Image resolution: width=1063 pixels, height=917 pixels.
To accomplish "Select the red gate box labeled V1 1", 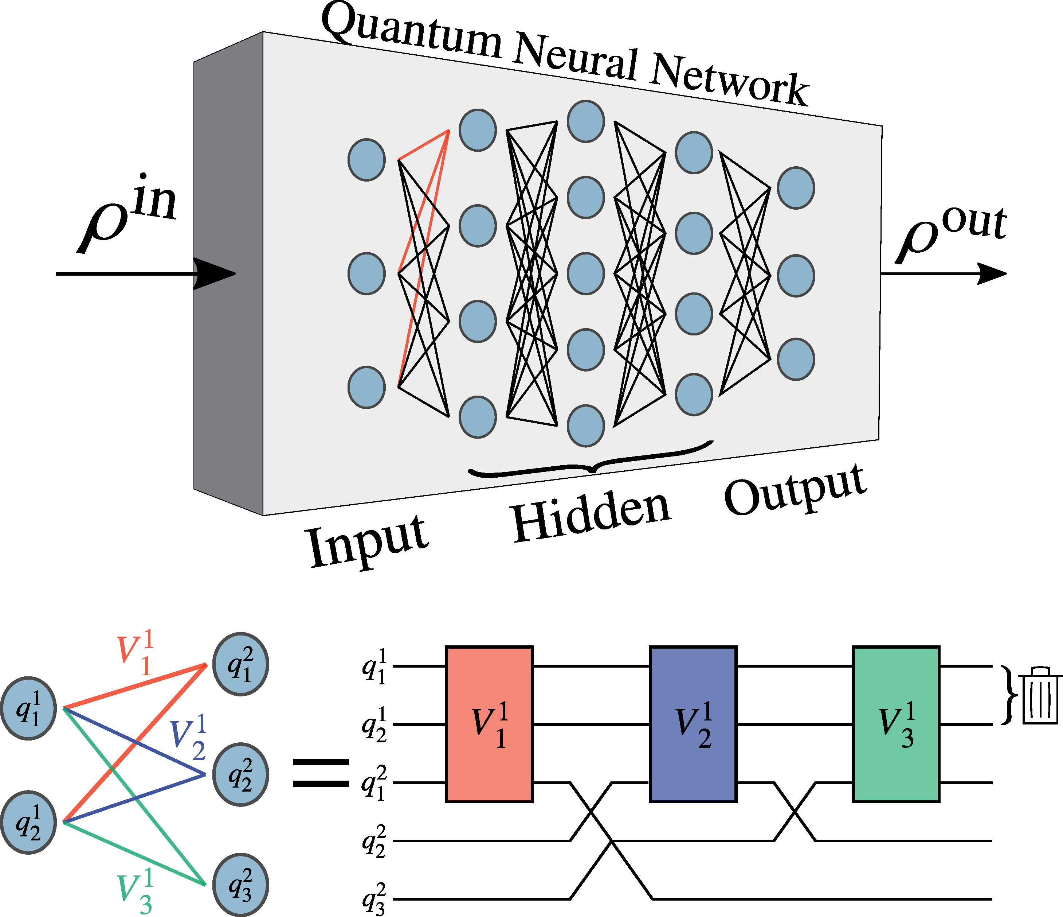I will pos(489,724).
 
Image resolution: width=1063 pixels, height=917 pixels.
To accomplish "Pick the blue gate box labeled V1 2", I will pos(693,724).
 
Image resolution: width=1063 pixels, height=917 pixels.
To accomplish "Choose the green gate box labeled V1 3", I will pos(896,724).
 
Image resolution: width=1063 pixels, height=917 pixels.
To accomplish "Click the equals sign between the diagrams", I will pos(321,773).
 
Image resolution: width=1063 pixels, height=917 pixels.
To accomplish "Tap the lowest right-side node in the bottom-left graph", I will pos(240,885).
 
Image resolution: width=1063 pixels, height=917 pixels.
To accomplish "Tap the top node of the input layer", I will pos(366,160).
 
